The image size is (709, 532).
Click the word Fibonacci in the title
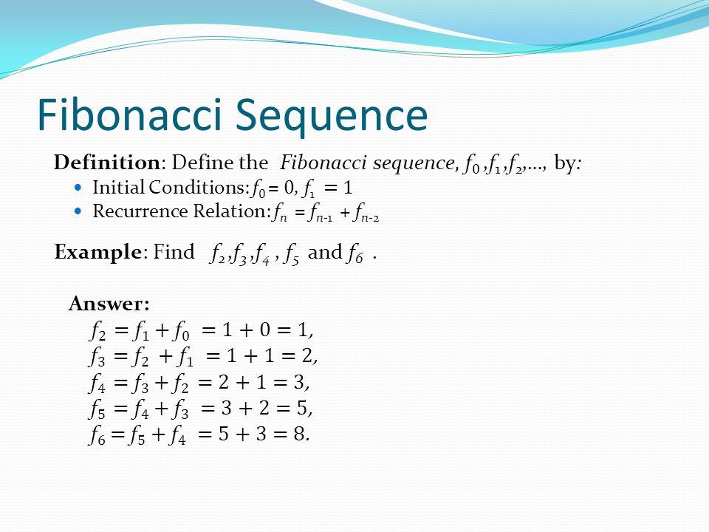click(x=130, y=114)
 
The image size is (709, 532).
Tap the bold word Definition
click(x=106, y=163)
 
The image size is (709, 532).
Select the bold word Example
click(x=98, y=252)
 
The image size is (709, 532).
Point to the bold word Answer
click(x=109, y=303)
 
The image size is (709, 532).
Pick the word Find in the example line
click(x=174, y=251)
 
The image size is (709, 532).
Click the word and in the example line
click(x=325, y=252)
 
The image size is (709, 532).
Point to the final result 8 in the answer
click(x=299, y=434)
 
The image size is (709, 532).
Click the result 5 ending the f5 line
click(x=303, y=409)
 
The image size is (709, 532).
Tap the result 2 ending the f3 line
click(x=307, y=356)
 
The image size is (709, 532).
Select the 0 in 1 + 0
click(x=265, y=330)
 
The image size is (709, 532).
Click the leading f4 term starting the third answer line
click(x=97, y=383)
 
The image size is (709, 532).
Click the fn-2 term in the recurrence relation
click(x=366, y=213)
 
